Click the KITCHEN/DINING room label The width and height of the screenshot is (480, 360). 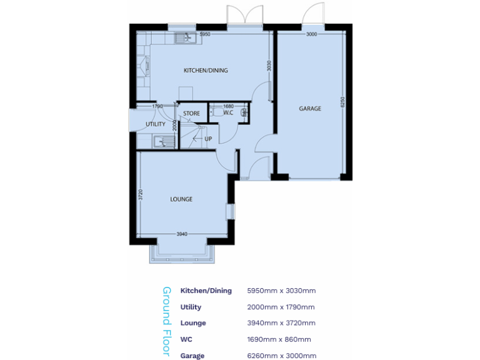tap(205, 71)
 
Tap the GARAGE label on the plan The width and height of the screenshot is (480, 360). tap(309, 109)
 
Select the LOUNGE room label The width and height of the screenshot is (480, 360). tap(181, 199)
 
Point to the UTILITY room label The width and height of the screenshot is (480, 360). tap(155, 124)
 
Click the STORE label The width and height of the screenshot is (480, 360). tap(191, 114)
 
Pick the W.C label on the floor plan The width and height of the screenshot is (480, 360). tap(227, 113)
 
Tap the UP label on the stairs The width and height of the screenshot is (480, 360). tap(208, 139)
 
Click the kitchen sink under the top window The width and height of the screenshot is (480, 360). tap(186, 38)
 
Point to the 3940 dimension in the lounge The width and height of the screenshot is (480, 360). tap(181, 234)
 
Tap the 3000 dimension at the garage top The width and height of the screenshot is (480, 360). tap(312, 34)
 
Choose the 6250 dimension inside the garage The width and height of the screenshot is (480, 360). tap(342, 102)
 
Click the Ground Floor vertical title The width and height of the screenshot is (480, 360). tap(166, 321)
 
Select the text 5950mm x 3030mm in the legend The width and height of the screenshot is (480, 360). tap(281, 291)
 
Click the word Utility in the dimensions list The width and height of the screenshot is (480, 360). tap(191, 307)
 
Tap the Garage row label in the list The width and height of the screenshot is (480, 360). tap(192, 356)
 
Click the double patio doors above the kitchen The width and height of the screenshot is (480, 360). tap(244, 16)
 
